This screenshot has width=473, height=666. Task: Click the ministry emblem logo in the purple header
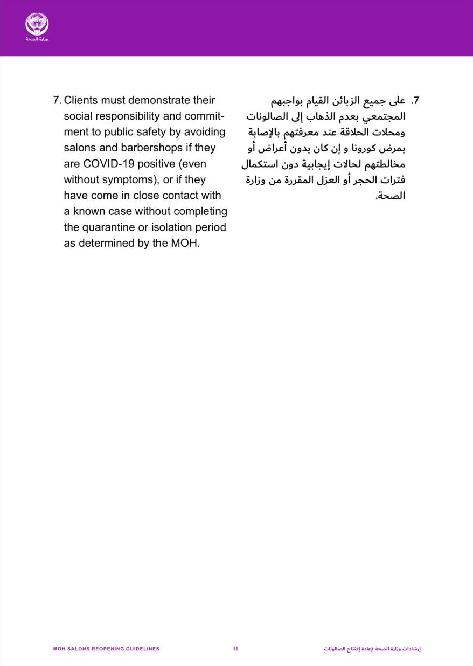(37, 25)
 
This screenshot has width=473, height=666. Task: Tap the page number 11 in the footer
(235, 649)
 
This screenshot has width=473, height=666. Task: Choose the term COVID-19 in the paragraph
(108, 164)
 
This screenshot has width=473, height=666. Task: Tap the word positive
(157, 164)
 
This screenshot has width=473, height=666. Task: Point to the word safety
(143, 132)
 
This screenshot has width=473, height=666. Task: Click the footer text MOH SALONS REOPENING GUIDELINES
(107, 649)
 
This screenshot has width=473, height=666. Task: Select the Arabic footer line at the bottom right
(372, 649)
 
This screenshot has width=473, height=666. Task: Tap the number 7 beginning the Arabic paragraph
(415, 101)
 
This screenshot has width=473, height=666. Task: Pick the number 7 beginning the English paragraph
(57, 101)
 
